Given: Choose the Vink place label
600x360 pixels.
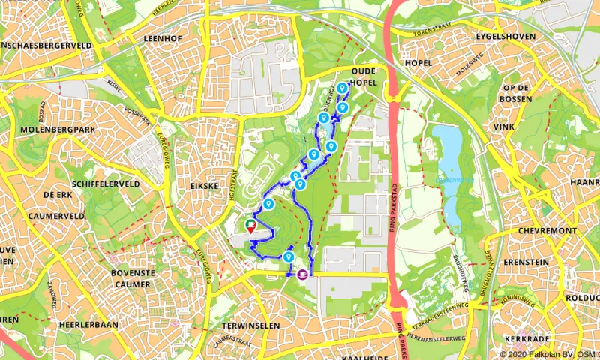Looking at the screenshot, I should (x=503, y=127).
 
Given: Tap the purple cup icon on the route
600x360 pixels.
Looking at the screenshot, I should (x=302, y=274).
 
